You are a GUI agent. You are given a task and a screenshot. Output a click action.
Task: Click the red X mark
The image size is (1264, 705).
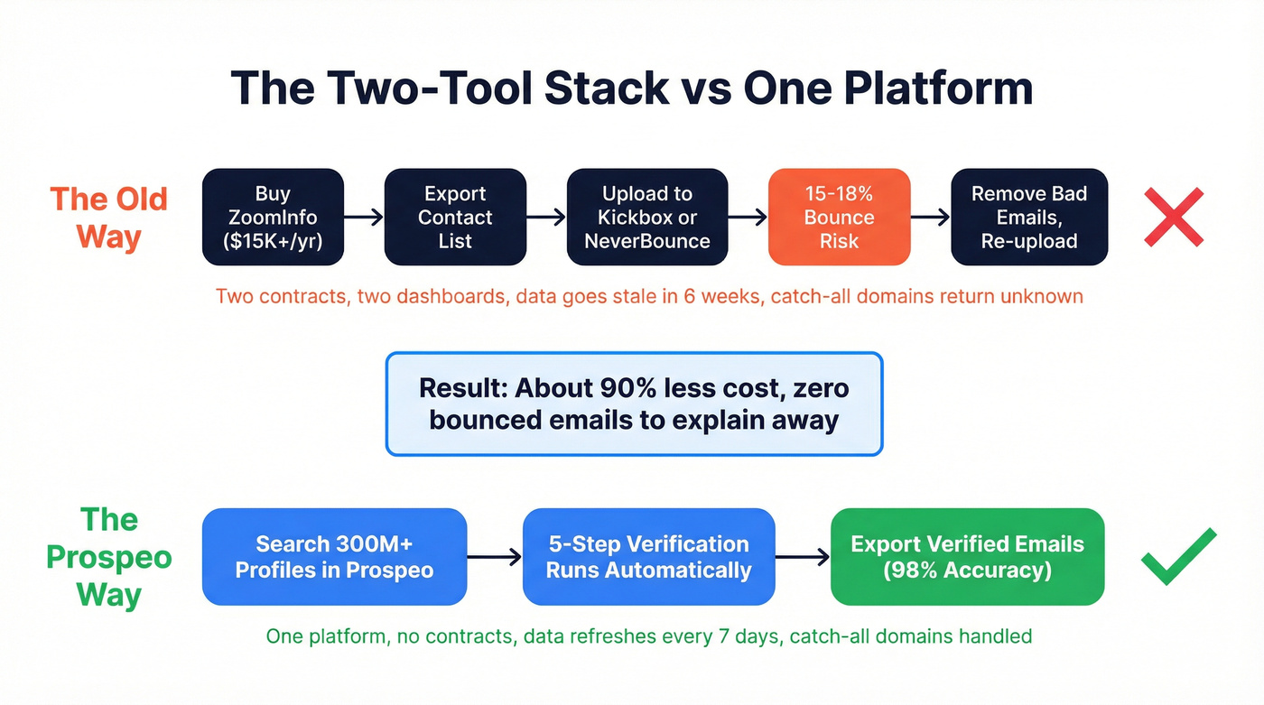click(x=1173, y=218)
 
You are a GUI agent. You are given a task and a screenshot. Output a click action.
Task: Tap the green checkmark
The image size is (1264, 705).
click(x=1177, y=556)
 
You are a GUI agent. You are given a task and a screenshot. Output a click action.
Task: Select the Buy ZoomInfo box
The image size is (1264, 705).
click(x=273, y=218)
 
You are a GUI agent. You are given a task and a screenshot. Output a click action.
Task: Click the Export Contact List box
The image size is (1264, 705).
click(x=455, y=218)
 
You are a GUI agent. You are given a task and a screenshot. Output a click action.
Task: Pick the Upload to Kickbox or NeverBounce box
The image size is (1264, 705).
click(x=646, y=218)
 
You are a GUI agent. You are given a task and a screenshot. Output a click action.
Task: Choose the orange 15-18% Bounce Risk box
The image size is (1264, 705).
click(x=839, y=218)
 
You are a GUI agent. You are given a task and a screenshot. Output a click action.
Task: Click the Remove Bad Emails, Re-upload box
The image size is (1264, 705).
click(x=1029, y=218)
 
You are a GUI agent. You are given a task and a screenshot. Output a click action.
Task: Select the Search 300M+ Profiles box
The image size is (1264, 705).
click(x=334, y=557)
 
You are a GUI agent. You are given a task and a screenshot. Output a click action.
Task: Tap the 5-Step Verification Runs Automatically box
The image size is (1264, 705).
click(x=648, y=557)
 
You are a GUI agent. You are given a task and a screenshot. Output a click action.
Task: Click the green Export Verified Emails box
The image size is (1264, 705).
click(x=967, y=557)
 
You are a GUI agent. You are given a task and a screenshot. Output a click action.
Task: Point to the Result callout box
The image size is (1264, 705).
click(x=634, y=404)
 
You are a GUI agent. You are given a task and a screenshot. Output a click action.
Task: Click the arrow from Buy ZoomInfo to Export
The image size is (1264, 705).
click(x=364, y=218)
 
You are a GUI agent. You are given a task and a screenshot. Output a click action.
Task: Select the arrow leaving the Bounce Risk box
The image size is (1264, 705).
click(x=931, y=218)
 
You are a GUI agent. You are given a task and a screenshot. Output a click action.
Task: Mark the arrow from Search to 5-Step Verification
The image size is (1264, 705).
click(x=495, y=557)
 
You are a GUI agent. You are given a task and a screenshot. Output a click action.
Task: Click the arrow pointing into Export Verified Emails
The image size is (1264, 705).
click(x=803, y=557)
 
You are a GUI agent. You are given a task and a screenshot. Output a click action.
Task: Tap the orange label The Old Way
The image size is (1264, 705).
click(x=108, y=218)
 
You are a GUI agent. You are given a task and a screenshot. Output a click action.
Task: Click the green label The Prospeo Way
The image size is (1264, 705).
click(x=108, y=557)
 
